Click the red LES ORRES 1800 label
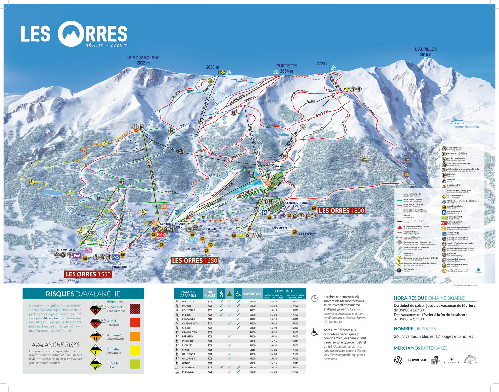tap(341, 211)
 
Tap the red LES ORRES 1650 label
tap(194, 260)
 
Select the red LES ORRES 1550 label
tap(88, 274)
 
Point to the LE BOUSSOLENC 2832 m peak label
tap(143, 60)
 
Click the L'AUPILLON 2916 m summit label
tap(426, 52)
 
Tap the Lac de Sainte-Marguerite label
tap(467, 125)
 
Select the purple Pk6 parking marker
tap(77, 256)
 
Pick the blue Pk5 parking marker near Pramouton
tap(116, 257)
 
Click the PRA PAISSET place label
tap(307, 234)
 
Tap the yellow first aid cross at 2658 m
tap(223, 72)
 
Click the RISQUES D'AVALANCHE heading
tap(83, 294)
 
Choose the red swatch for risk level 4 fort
tap(135, 323)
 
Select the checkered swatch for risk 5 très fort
tap(135, 309)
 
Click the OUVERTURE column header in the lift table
tap(252, 294)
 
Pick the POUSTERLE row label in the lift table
tap(189, 310)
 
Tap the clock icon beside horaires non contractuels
tap(314, 298)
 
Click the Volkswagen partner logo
tap(398, 360)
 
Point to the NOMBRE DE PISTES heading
tap(414, 329)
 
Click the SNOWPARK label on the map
tap(246, 187)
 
